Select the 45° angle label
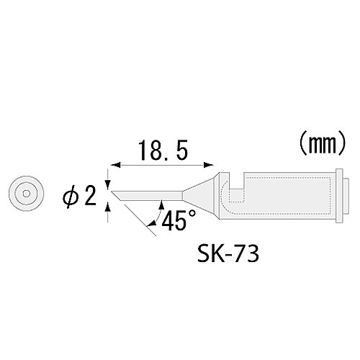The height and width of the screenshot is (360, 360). click(x=176, y=221)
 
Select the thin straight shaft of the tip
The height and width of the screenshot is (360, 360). click(x=151, y=193)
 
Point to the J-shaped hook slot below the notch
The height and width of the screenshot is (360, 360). click(x=232, y=198)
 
